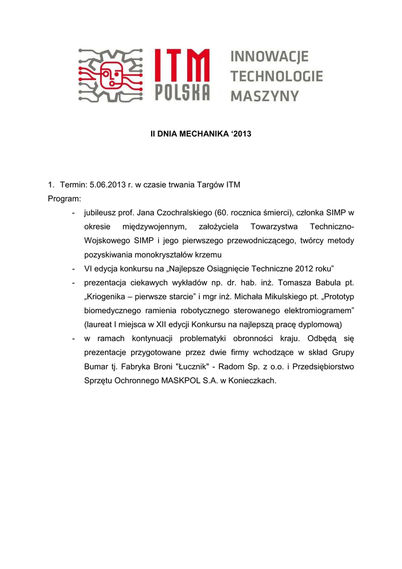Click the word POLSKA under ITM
182,92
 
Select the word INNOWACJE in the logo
269,57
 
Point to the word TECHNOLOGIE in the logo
276,76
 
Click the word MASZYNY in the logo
264,96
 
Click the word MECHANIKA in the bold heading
205,134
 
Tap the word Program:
64,198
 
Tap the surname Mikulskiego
265,297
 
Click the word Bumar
96,367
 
